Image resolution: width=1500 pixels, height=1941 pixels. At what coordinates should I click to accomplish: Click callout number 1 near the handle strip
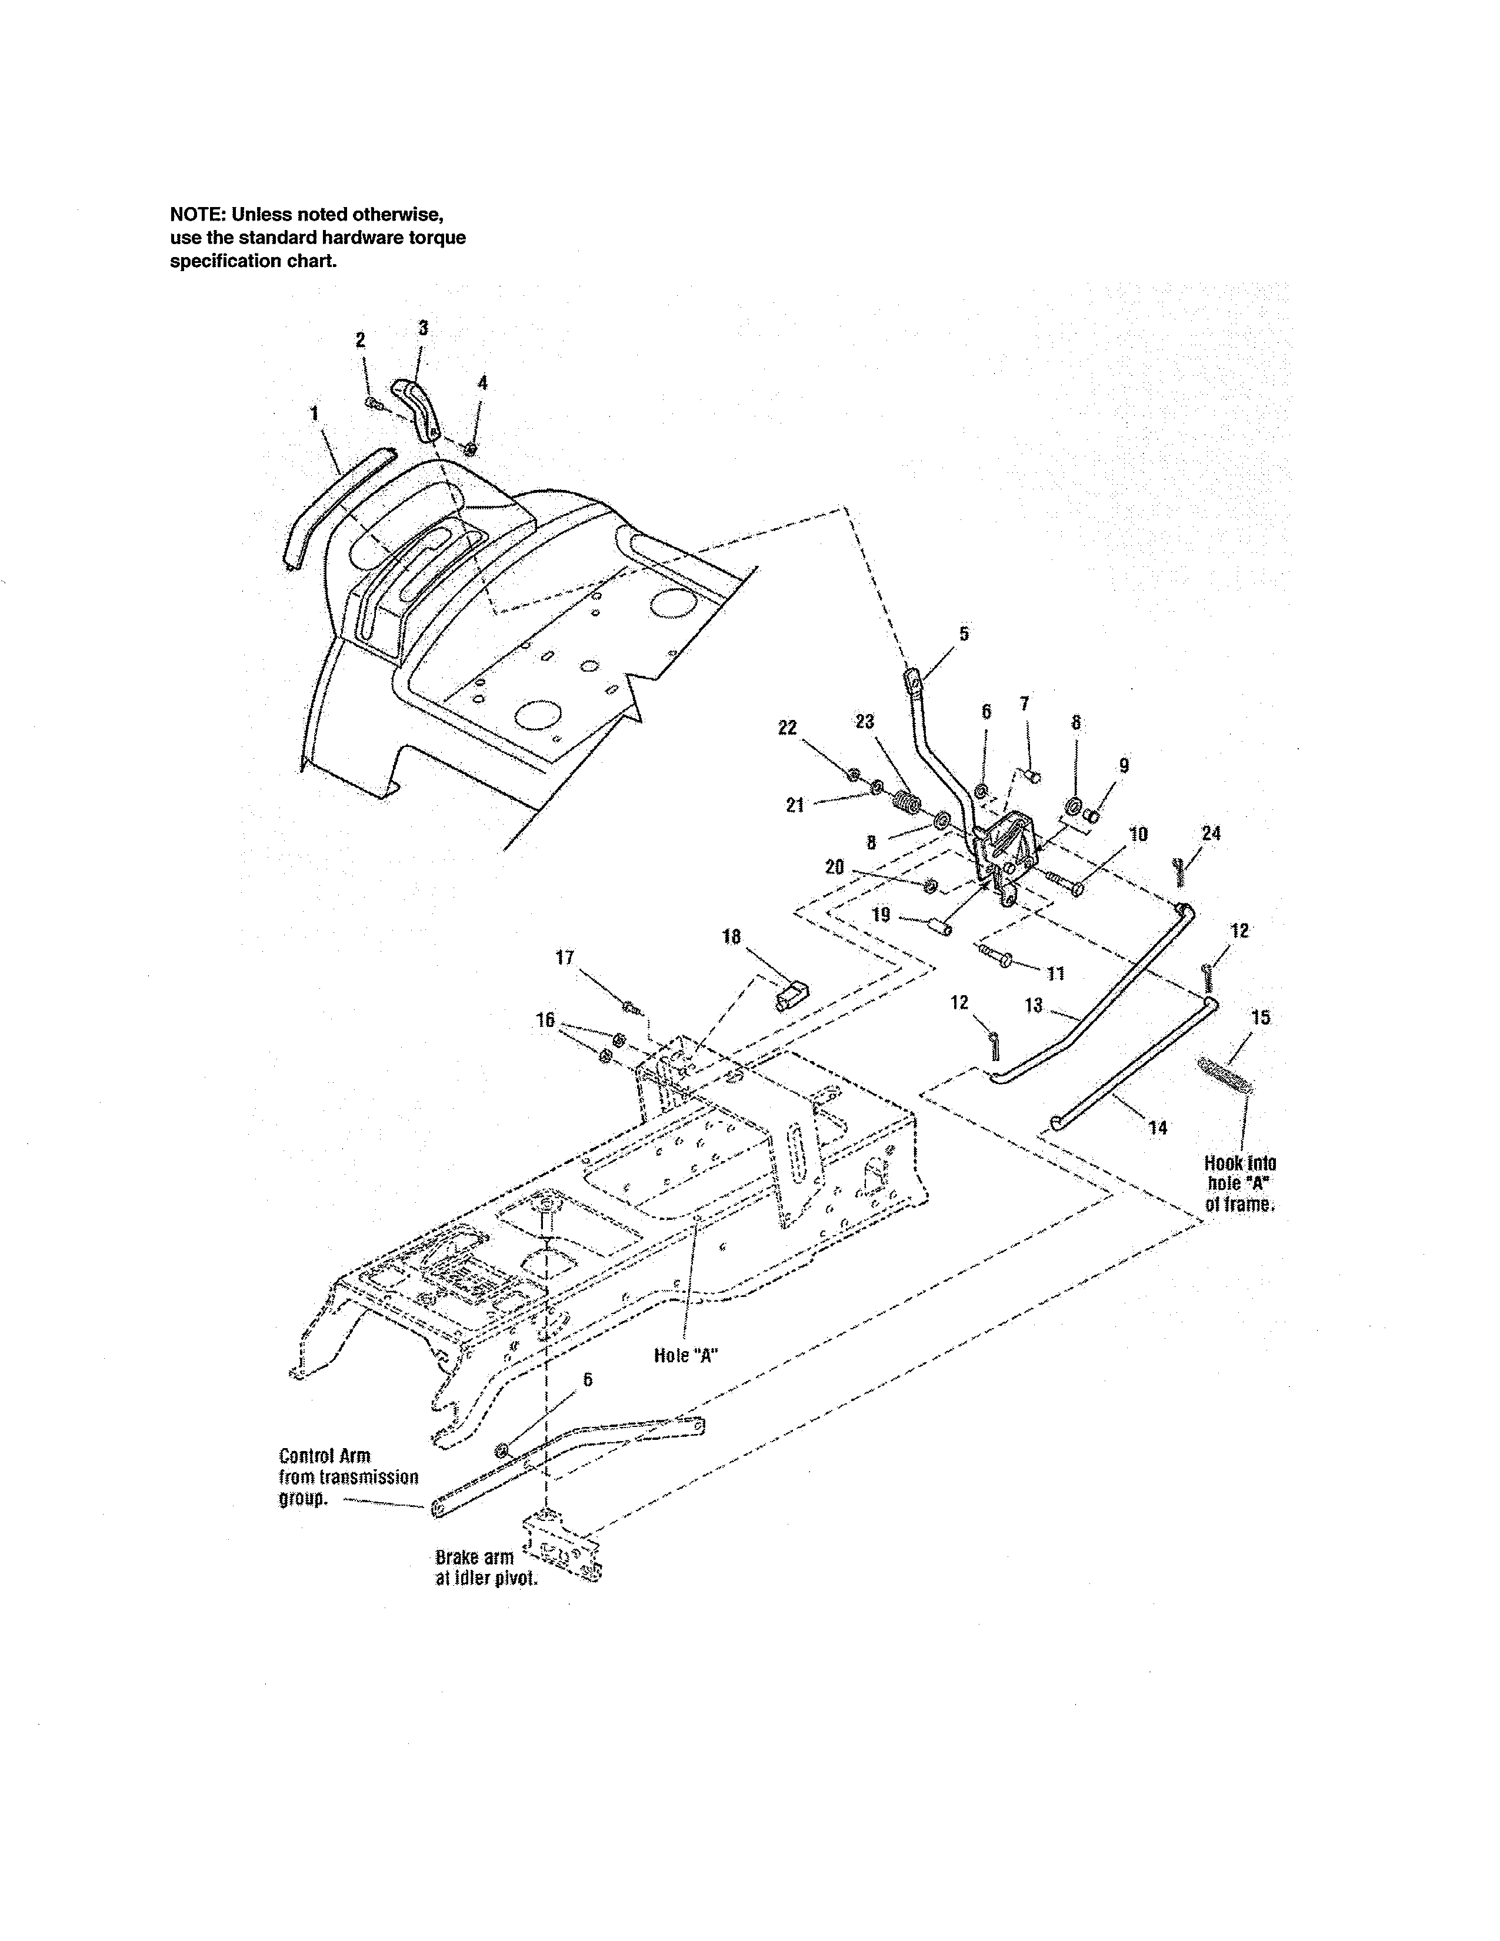tap(315, 413)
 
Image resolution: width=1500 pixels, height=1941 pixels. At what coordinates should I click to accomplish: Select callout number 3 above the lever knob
tap(423, 328)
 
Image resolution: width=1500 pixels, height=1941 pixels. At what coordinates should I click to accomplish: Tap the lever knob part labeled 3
tap(416, 405)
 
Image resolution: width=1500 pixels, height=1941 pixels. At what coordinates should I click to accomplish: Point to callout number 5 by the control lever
tap(964, 633)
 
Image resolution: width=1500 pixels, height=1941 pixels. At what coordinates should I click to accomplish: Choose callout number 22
tap(787, 727)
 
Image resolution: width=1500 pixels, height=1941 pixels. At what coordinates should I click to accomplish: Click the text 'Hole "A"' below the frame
tap(686, 1355)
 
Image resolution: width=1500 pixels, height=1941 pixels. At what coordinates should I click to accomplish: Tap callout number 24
tap(1211, 833)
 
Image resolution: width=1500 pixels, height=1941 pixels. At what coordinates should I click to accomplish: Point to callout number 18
tap(731, 937)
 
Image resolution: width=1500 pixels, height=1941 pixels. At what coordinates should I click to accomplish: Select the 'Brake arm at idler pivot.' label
tap(485, 1569)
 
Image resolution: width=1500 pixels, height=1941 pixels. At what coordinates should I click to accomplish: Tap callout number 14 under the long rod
tap(1157, 1128)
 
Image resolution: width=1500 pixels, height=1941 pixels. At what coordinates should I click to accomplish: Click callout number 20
tap(835, 866)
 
